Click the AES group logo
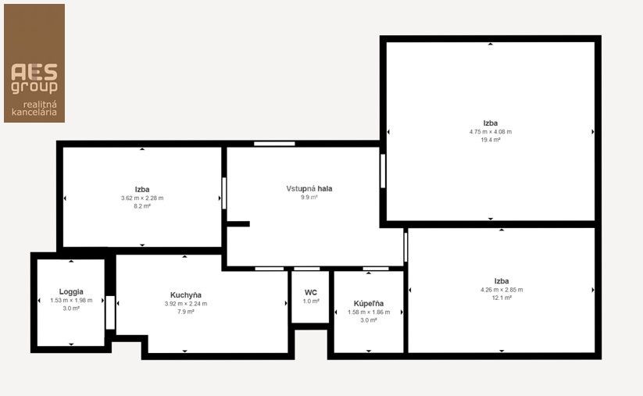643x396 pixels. coord(34,63)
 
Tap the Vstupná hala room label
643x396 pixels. coord(309,188)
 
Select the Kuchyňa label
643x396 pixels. coord(186,295)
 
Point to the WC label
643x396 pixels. coord(311,293)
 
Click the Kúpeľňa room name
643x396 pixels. coord(369,304)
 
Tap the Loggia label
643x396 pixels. coord(71,292)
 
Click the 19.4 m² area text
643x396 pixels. coord(491,140)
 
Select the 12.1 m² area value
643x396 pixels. coord(502,298)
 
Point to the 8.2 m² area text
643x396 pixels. coord(142,206)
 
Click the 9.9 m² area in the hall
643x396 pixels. coord(309,197)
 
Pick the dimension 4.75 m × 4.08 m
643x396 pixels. coord(491,131)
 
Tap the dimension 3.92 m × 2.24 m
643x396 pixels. coord(186,304)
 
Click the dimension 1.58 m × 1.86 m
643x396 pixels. coord(369,312)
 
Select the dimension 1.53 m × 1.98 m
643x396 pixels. coord(71,300)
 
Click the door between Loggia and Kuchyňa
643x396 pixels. coord(110,312)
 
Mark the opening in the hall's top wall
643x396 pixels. coord(274,144)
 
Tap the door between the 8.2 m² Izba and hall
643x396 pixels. coord(224,193)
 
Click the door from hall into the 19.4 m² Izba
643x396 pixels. coord(383,171)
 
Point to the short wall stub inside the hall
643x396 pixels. coord(238,224)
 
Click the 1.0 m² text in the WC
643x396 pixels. coord(311,301)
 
